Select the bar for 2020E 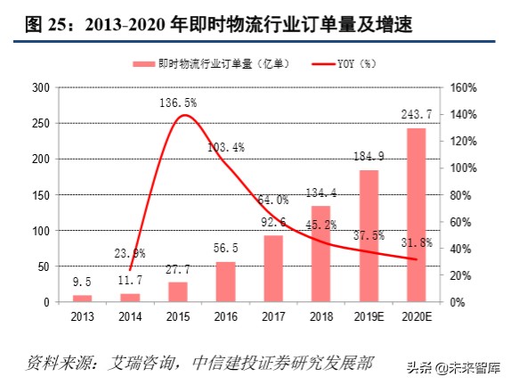click(x=416, y=215)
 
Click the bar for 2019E click(x=369, y=236)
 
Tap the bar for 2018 click(x=320, y=254)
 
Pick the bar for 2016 click(x=226, y=282)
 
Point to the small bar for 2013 click(x=82, y=299)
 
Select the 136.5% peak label click(x=178, y=104)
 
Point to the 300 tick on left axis click(x=39, y=87)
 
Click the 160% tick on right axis click(x=465, y=87)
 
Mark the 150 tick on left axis click(x=39, y=195)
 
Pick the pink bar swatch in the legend click(x=142, y=64)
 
